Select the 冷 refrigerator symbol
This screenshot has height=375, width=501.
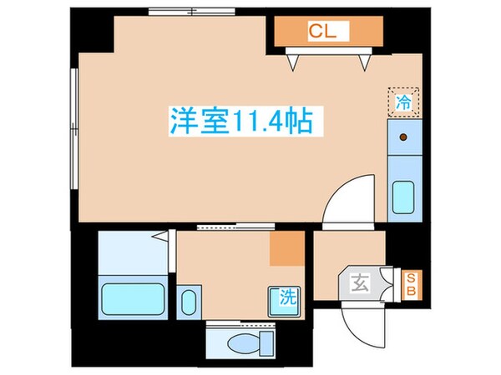click(403, 103)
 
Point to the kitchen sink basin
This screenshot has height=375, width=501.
click(404, 198)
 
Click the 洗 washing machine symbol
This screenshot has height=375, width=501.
click(284, 297)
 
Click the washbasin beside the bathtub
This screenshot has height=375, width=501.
click(190, 300)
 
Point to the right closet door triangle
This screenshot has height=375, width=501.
click(364, 59)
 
